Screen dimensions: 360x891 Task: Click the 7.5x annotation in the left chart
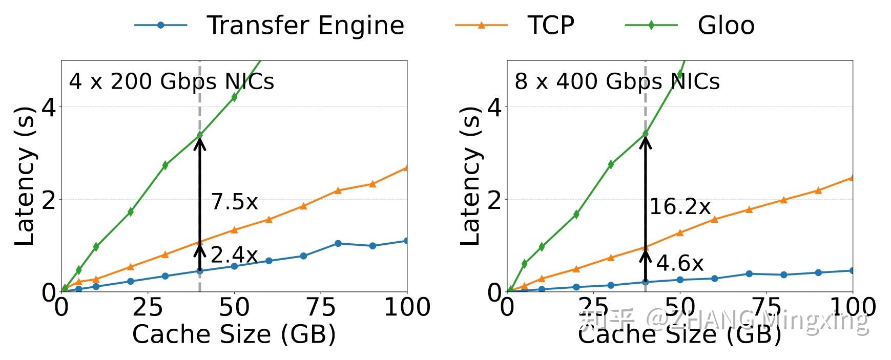click(234, 202)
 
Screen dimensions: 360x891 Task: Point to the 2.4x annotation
click(234, 255)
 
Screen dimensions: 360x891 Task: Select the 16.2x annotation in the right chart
click(680, 207)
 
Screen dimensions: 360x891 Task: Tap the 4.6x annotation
click(680, 263)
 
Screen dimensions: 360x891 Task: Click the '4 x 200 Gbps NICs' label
click(171, 82)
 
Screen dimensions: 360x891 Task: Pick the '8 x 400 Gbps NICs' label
click(617, 82)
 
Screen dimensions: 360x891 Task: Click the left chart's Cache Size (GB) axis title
click(234, 334)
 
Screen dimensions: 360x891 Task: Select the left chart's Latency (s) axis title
click(24, 176)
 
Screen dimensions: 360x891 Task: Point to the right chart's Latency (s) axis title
click(470, 176)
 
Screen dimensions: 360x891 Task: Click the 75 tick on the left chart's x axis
click(321, 307)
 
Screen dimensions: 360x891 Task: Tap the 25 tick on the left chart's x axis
click(148, 307)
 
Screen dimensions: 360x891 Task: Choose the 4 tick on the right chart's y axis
click(494, 107)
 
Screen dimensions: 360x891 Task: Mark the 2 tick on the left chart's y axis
click(48, 200)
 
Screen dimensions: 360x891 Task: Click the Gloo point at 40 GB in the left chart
click(200, 135)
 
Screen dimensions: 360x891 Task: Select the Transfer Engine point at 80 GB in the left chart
click(338, 243)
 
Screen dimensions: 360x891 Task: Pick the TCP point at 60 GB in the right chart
click(715, 219)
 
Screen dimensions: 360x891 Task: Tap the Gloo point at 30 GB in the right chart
click(611, 164)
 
